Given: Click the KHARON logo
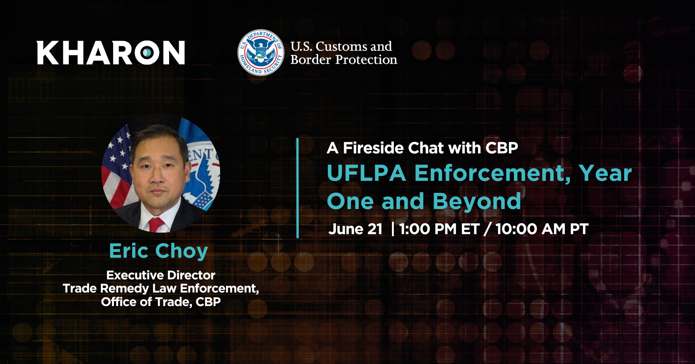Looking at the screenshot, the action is [x=111, y=53].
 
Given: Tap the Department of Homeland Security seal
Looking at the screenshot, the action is [x=261, y=53].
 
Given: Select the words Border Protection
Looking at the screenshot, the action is [x=344, y=60].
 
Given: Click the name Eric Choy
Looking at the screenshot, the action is [x=159, y=251].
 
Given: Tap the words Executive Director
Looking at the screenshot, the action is [x=161, y=275].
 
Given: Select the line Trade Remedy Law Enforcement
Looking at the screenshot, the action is [x=161, y=288].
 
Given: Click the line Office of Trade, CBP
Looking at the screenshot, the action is [x=161, y=302].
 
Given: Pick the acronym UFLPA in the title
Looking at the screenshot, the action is [x=366, y=173].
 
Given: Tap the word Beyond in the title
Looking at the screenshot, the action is [x=477, y=202].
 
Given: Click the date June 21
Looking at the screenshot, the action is [x=355, y=229].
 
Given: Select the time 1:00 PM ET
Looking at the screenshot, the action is [x=439, y=229].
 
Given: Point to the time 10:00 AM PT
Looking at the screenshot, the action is [x=542, y=229].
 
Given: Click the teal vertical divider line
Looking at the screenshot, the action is [x=298, y=188].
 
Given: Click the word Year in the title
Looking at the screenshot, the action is [x=605, y=173].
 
